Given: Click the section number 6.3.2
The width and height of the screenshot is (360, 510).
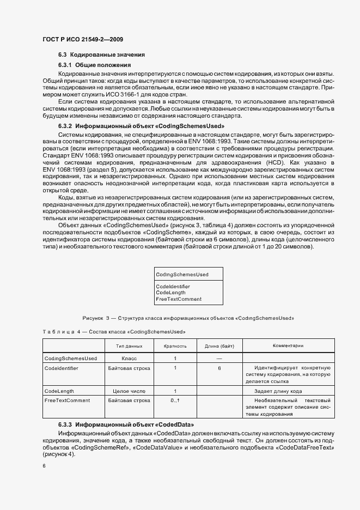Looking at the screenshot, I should click(65, 125).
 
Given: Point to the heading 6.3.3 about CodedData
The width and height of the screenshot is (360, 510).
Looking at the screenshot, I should click(126, 424).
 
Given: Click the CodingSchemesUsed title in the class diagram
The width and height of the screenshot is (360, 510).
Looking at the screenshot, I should click(182, 274).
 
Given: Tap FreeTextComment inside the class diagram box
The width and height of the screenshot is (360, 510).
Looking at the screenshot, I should click(179, 299).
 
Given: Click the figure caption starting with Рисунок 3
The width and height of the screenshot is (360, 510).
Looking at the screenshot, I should click(188, 318).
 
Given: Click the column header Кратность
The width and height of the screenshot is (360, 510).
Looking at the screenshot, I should click(175, 346).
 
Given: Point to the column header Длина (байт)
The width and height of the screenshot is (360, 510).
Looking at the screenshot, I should click(219, 346).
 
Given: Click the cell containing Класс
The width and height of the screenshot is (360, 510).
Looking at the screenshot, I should click(130, 359).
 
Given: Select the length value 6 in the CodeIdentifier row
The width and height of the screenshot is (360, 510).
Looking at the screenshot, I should click(219, 368).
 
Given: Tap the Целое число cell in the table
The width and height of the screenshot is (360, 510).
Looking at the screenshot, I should click(130, 391).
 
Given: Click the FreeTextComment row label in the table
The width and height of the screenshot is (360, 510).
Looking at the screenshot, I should click(67, 400).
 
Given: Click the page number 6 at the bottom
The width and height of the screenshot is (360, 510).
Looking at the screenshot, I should click(44, 466).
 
